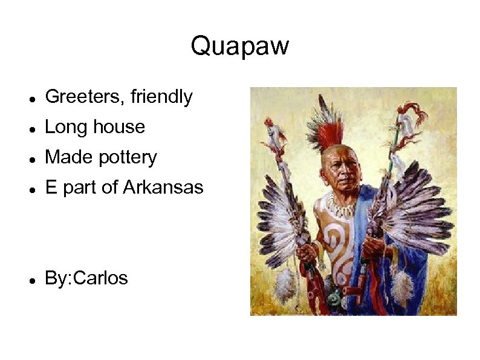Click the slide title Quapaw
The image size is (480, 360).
click(x=239, y=46)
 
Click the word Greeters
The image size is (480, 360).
click(x=84, y=97)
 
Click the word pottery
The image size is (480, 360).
click(x=128, y=158)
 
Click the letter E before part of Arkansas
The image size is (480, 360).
click(x=51, y=188)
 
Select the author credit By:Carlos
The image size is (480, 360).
click(x=86, y=278)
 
